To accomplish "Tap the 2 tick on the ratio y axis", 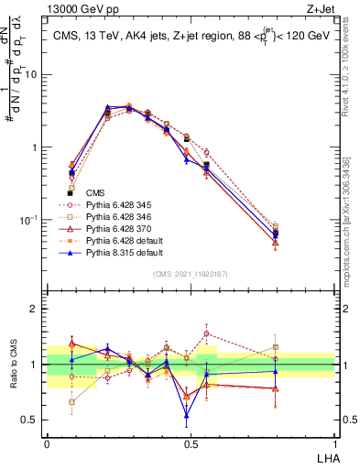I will tap(38, 309).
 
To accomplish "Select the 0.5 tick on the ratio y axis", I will tap(33, 420).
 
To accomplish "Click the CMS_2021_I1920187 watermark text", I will tap(190, 274).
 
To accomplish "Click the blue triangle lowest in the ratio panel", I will tap(188, 415).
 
